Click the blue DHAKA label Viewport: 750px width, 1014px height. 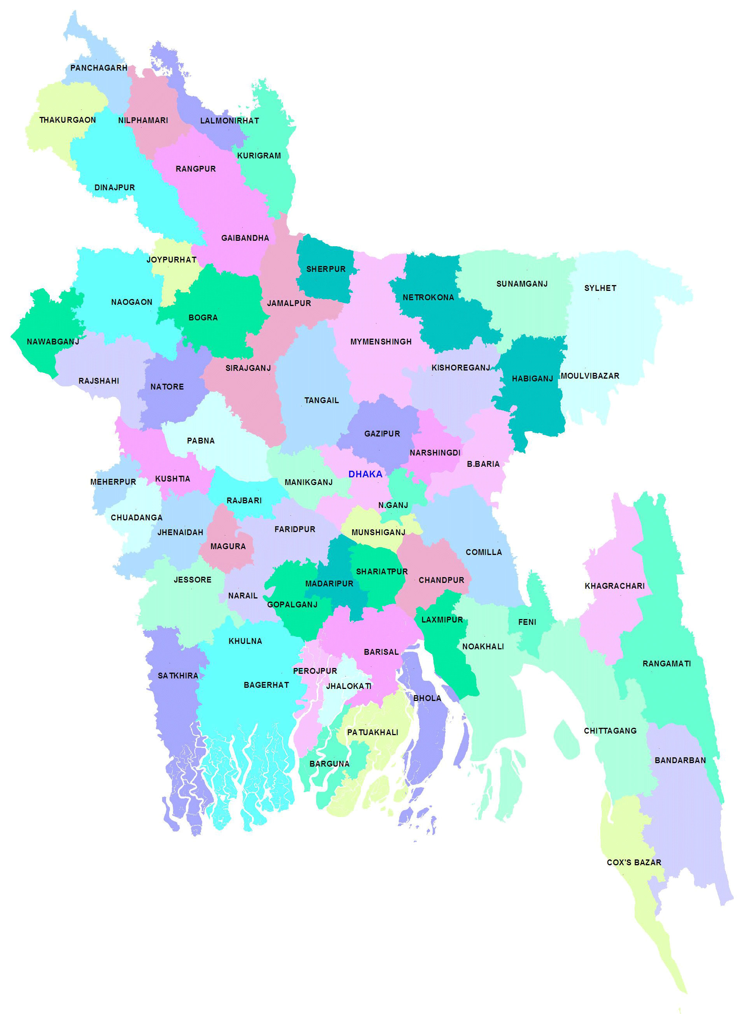coord(365,474)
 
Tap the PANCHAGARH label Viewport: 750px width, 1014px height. coord(98,68)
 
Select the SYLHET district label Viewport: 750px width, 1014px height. coord(600,288)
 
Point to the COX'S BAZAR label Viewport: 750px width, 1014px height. coord(634,862)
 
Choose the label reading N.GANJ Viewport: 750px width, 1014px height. coord(393,505)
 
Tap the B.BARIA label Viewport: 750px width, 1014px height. coord(483,464)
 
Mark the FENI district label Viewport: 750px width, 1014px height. coord(527,622)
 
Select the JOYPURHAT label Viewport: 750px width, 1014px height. coord(171,260)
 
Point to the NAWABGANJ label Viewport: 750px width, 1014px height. coord(52,341)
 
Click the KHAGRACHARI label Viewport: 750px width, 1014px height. coord(614,586)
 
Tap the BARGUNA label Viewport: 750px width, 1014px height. coord(329,764)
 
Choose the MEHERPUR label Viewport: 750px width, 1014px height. coord(113,482)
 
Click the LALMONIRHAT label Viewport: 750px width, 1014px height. coord(229,121)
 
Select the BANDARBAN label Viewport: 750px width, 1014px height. coord(680,760)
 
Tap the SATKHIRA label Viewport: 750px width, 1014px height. coord(178,676)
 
